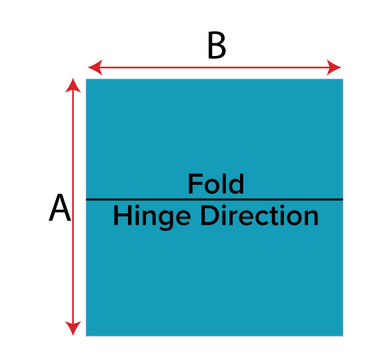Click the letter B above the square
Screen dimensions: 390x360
point(217,45)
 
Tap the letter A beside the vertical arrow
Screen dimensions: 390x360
point(60,207)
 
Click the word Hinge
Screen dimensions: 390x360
point(152,217)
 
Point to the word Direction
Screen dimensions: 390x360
point(259,215)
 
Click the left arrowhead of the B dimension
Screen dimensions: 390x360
point(95,67)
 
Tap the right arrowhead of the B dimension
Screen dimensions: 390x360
point(333,67)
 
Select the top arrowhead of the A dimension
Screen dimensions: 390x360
point(73,85)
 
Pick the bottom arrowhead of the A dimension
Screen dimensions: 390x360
point(73,329)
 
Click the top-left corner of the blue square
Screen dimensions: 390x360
point(86,79)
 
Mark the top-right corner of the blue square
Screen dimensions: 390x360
point(343,79)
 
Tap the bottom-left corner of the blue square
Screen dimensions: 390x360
point(86,336)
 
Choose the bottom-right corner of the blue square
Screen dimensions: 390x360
point(343,336)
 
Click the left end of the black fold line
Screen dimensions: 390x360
point(86,199)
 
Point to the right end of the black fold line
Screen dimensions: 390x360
point(343,199)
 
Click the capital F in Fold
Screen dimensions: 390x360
point(194,184)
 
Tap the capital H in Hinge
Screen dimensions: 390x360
point(122,216)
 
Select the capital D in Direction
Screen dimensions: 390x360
point(210,216)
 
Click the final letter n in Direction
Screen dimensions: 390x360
point(311,218)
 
